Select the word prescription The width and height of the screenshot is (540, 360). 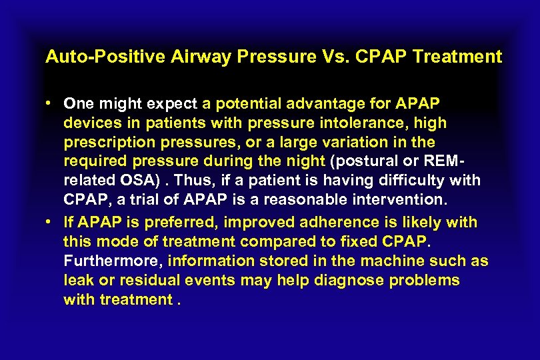(103, 143)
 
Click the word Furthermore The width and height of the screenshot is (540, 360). (113, 261)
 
